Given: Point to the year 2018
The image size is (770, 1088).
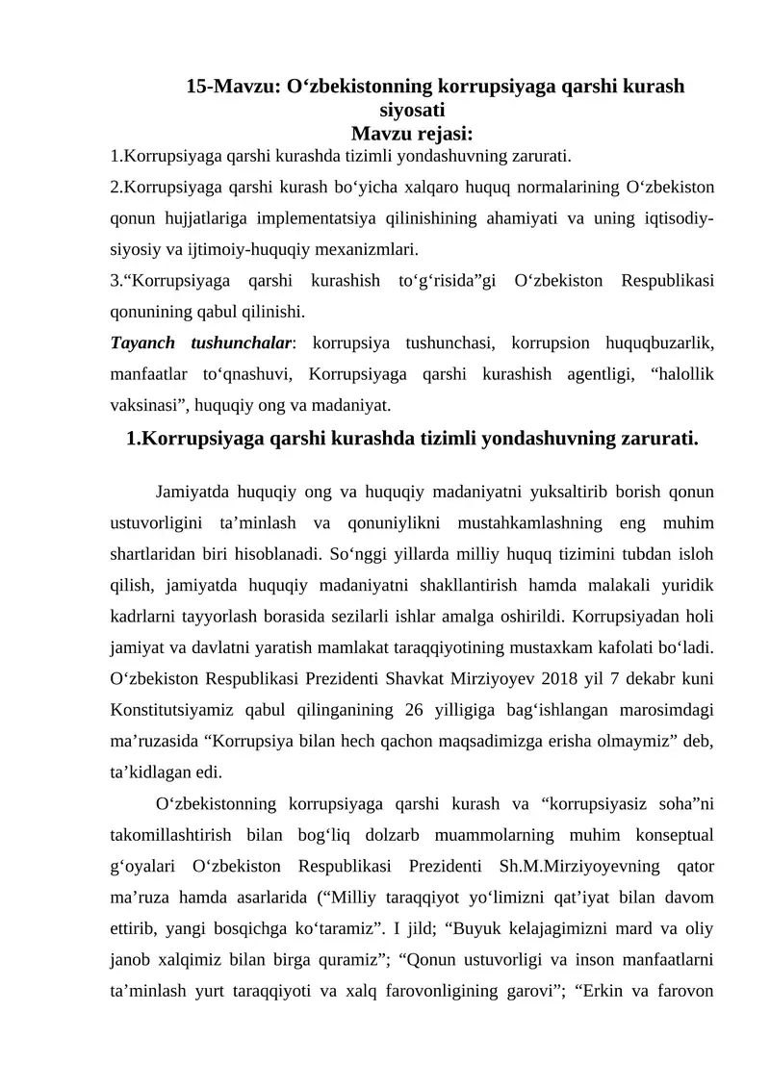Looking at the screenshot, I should click(544, 678).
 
